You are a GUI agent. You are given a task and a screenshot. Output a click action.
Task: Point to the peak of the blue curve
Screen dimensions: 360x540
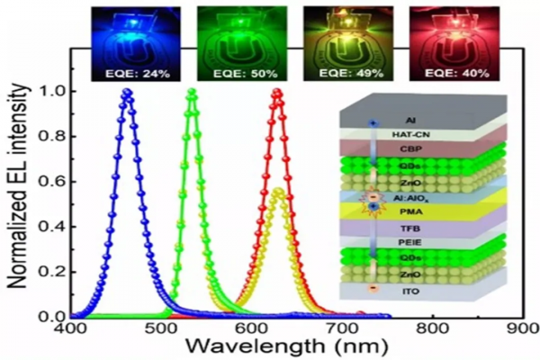[x=127, y=92]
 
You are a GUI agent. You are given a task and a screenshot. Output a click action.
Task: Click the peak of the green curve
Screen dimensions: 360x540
[x=191, y=92]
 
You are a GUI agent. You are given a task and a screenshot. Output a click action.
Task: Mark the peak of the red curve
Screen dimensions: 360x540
[x=277, y=92]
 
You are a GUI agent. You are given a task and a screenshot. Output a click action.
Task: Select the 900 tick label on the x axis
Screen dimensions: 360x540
[x=518, y=330]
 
